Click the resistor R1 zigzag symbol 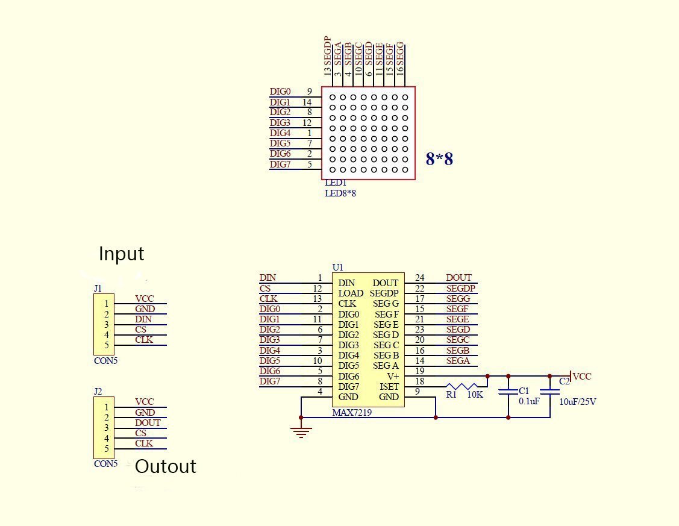point(466,386)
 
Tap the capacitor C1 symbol point(508,392)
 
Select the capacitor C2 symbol point(549,392)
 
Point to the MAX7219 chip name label point(352,413)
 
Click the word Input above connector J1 point(121,254)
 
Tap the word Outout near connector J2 point(166,466)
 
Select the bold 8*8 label point(439,159)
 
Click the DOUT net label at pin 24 point(458,278)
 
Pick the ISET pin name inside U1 point(389,387)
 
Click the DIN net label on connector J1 point(143,319)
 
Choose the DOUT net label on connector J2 point(148,423)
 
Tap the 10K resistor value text point(475,395)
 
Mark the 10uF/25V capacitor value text point(577,402)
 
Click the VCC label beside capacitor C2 point(582,377)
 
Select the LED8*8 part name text point(340,193)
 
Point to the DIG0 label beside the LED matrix point(280,92)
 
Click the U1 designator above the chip point(337,267)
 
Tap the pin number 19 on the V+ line point(420,371)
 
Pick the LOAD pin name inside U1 point(351,293)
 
